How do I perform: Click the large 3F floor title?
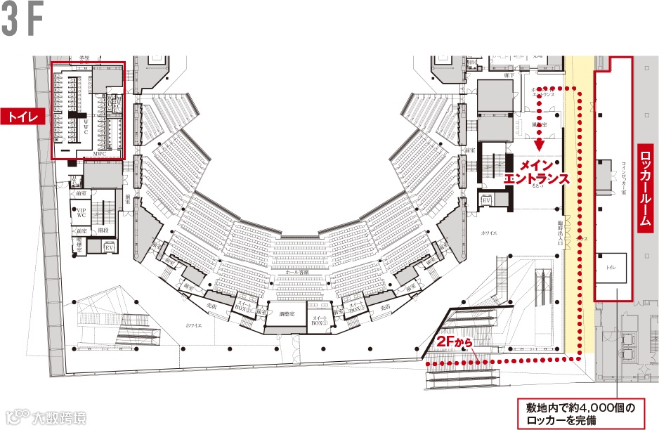click(x=23, y=22)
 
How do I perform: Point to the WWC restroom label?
click(x=86, y=126)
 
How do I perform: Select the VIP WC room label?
click(x=81, y=212)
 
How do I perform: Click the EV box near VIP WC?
click(x=109, y=248)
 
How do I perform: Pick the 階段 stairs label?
click(x=103, y=229)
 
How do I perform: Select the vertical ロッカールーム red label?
click(x=646, y=186)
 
